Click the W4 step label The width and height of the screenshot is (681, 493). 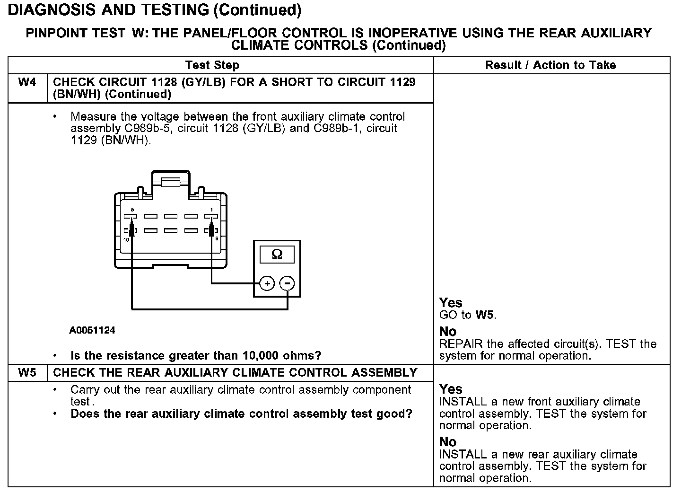[27, 82]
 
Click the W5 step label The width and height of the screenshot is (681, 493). [27, 373]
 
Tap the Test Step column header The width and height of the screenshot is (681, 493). [212, 65]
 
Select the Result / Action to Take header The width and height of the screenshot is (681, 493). [550, 65]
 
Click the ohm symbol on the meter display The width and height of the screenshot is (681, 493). [277, 255]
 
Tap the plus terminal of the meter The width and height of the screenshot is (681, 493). [267, 283]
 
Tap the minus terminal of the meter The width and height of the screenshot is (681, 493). [287, 283]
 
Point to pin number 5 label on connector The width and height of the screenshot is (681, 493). [132, 209]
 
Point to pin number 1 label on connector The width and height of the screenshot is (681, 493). [211, 209]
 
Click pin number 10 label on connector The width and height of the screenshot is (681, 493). [126, 240]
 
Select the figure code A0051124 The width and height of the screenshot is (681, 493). [92, 330]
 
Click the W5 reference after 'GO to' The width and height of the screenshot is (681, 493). [485, 315]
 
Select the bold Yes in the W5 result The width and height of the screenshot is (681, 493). [451, 389]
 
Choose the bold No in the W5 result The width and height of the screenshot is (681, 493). [448, 442]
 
